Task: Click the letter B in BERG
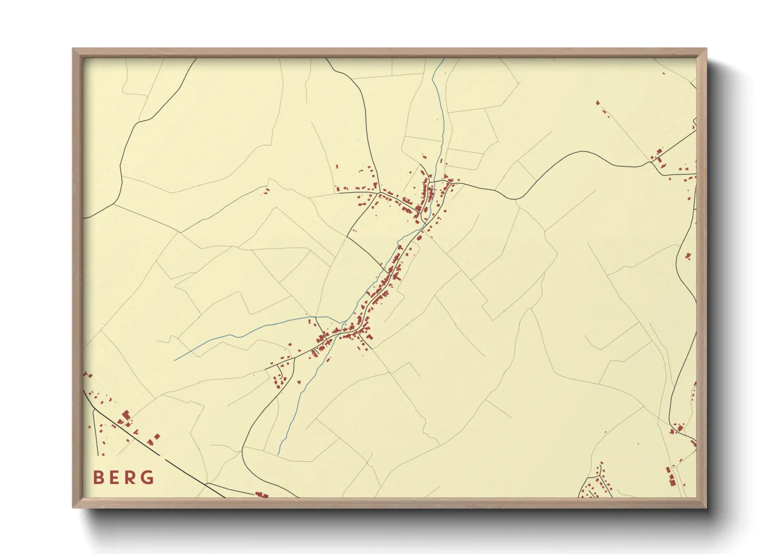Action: point(97,478)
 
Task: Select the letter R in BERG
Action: point(130,478)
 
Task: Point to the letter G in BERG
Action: point(148,478)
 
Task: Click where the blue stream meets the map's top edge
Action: point(444,59)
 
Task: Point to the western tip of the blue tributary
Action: point(175,360)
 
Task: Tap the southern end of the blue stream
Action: point(278,453)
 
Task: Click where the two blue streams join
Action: point(341,323)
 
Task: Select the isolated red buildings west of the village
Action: point(267,192)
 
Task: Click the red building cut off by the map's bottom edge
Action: point(261,495)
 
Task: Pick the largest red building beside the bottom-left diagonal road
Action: point(126,415)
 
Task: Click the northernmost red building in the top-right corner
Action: point(597,102)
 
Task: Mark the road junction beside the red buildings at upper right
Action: point(650,162)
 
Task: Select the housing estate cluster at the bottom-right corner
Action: point(597,484)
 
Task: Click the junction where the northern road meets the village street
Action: point(379,193)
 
